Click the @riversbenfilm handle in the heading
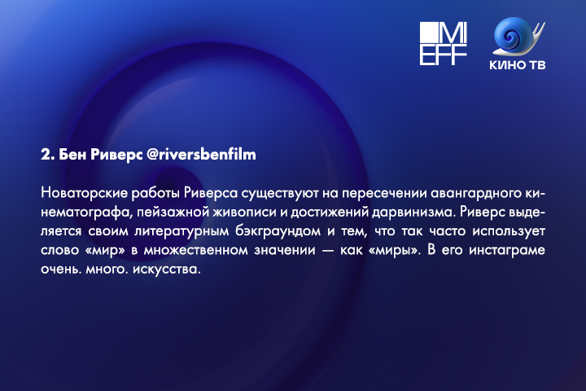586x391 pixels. coord(201,155)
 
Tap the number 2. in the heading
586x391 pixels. coord(47,155)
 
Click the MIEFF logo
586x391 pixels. coord(444,43)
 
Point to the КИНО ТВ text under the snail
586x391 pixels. coord(518,64)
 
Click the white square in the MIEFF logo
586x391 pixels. coord(428,33)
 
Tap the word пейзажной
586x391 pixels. coord(173,212)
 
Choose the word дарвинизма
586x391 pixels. coord(413,212)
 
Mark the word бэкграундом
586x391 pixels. coord(278,231)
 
